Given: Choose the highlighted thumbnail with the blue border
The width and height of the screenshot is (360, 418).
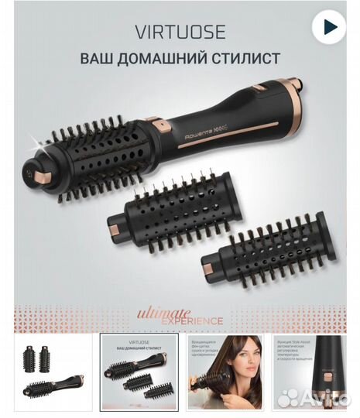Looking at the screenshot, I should [139, 370].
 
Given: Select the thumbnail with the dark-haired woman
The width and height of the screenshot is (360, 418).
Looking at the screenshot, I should [227, 370].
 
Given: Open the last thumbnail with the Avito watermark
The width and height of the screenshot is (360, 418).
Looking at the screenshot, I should [315, 370].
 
